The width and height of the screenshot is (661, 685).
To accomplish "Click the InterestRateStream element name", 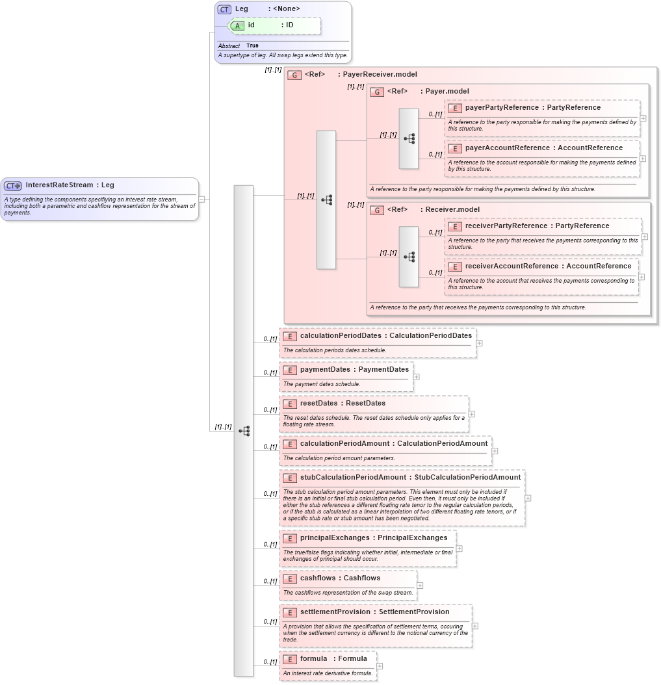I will (59, 185).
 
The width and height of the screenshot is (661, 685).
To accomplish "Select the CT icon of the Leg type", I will (224, 9).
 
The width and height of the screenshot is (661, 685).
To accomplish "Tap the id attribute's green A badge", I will (237, 25).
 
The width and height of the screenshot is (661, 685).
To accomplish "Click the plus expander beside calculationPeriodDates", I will (479, 342).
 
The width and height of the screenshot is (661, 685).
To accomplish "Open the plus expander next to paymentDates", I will (416, 376).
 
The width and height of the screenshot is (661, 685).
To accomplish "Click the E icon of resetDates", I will (290, 404).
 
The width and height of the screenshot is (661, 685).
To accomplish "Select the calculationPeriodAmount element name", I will (344, 444).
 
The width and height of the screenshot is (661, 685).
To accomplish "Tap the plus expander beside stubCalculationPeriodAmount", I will (528, 498).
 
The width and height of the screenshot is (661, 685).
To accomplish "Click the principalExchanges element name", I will (335, 538).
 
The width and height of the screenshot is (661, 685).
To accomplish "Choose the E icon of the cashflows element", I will (290, 578).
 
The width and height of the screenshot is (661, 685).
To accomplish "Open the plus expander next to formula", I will (380, 666).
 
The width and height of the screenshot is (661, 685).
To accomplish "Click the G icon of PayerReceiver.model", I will (294, 75).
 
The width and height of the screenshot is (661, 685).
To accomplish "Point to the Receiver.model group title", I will (452, 210).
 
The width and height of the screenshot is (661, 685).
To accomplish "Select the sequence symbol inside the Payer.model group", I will (409, 138).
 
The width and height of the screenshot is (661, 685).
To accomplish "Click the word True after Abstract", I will (252, 46).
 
